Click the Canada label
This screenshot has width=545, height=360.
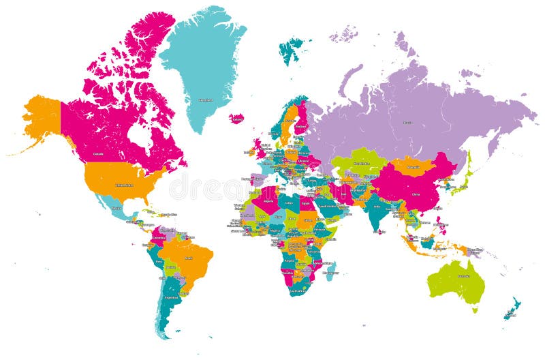[98, 154]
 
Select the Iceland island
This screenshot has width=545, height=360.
[237, 119]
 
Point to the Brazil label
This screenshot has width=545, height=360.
[189, 258]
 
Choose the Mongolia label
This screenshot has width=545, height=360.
[412, 166]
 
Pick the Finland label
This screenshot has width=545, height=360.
[300, 125]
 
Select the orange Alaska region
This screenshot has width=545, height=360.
[42, 119]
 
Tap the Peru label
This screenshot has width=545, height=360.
[159, 261]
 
